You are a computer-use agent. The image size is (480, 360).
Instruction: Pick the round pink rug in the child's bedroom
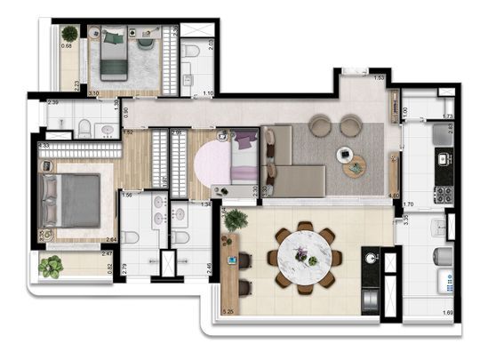point(213,163)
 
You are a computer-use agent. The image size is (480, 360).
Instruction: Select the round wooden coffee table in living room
point(354,166)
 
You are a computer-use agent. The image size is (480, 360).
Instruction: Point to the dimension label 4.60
point(393,195)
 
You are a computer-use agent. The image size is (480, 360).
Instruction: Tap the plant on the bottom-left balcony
point(52,265)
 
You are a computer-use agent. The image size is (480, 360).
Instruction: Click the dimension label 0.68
point(68,46)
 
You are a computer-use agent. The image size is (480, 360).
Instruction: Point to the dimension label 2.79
point(126,267)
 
